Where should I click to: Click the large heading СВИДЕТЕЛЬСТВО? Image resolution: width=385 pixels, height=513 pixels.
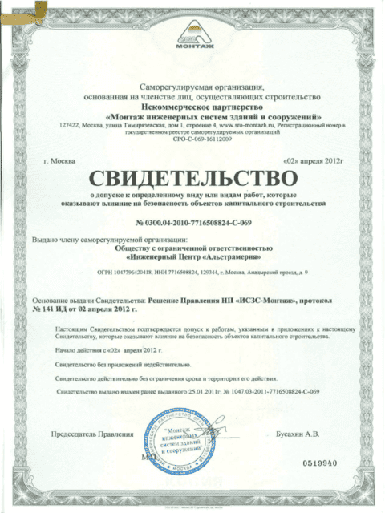tap(192, 176)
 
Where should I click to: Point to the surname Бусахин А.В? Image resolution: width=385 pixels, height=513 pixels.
tap(297, 434)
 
